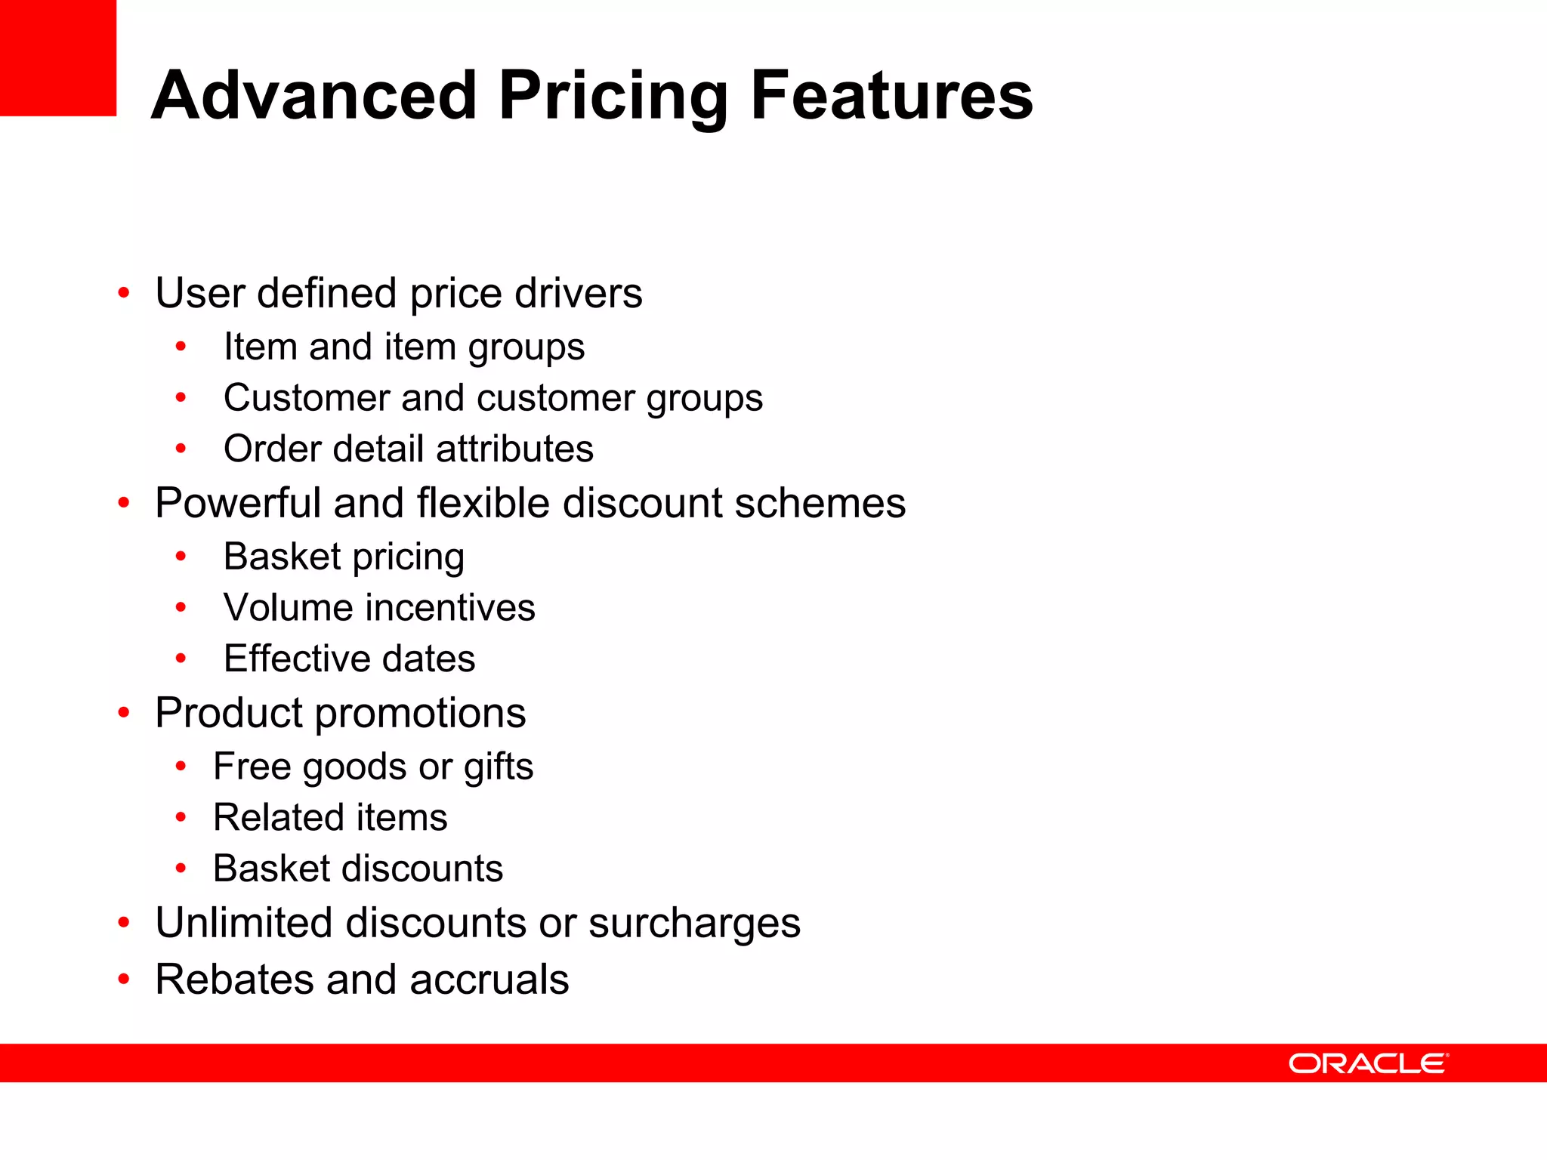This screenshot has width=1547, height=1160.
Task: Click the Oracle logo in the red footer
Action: click(x=1368, y=1063)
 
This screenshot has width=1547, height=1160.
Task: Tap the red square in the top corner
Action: click(x=58, y=58)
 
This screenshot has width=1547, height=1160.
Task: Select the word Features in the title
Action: click(x=891, y=96)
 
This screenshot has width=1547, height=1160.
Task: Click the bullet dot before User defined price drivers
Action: click(x=124, y=293)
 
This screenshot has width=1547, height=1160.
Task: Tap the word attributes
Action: click(x=514, y=449)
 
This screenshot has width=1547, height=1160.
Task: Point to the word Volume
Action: click(x=278, y=608)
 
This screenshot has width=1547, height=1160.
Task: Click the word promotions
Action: click(x=420, y=714)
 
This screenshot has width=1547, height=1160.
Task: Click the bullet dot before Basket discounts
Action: click(x=181, y=868)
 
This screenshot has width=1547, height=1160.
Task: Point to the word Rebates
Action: click(x=233, y=980)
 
